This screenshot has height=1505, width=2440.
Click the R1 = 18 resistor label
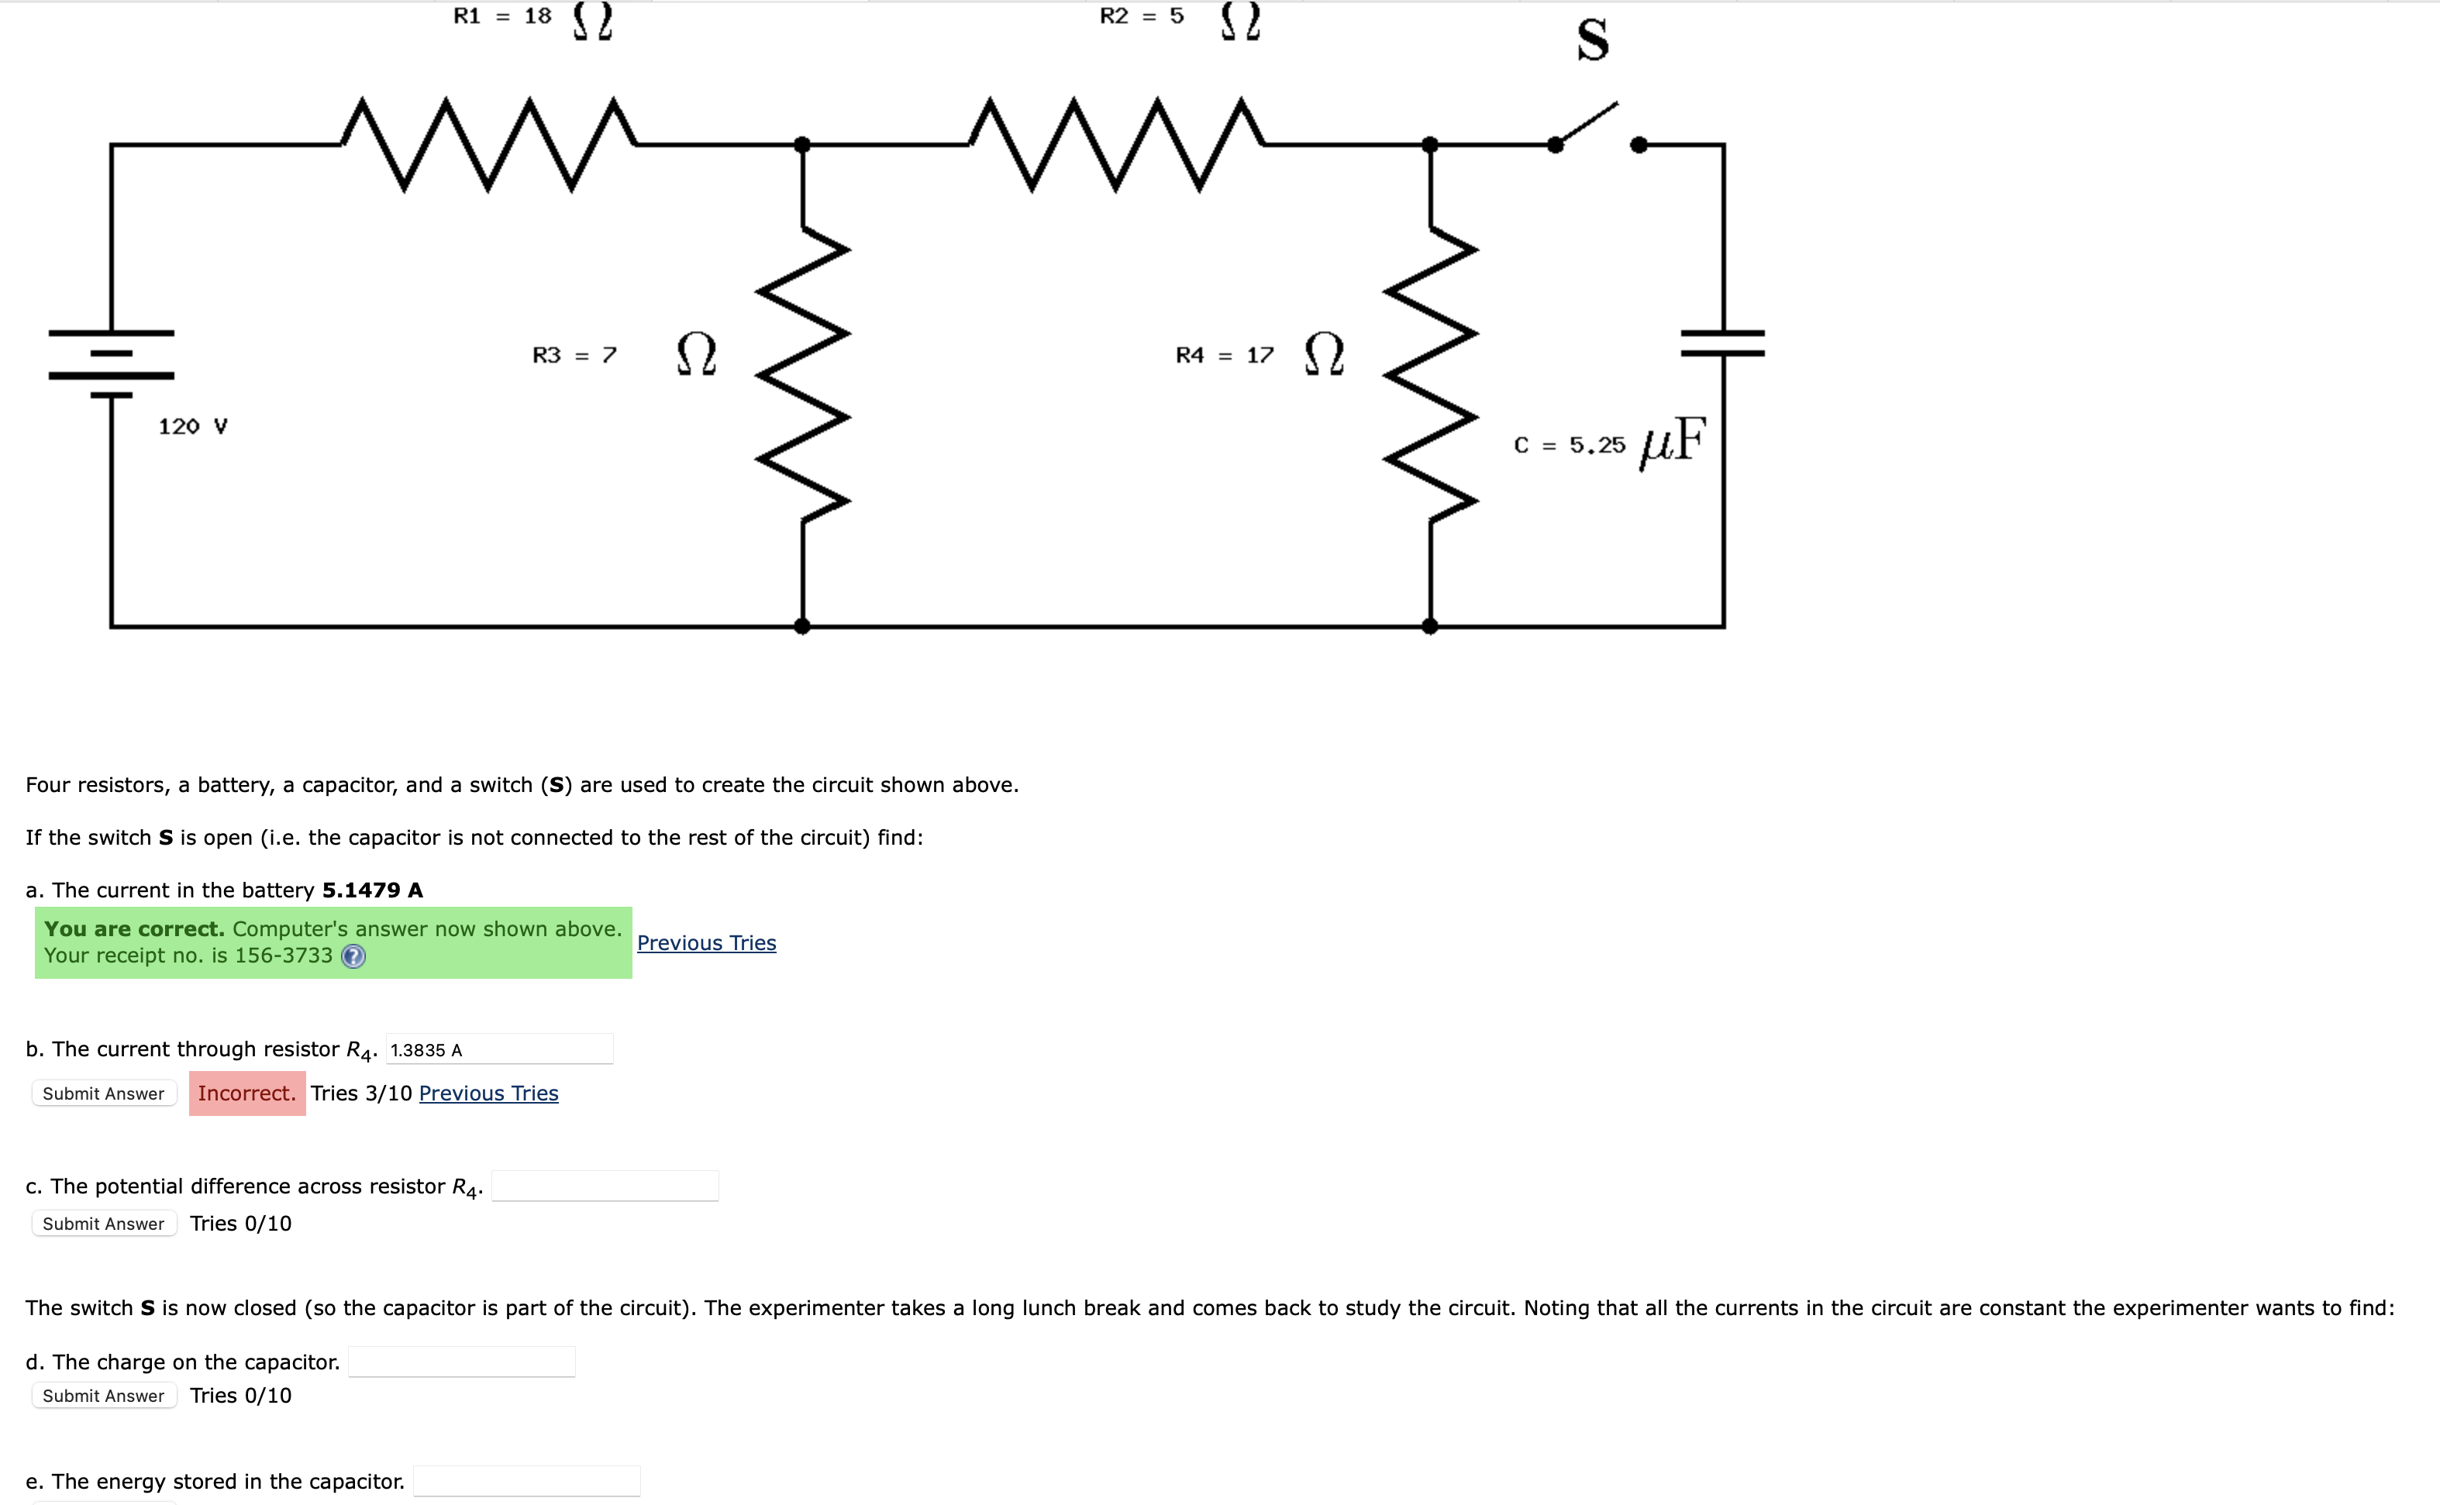pyautogui.click(x=503, y=16)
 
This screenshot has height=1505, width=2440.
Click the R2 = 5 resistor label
pyautogui.click(x=1142, y=16)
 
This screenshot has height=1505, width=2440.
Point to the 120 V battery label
pyautogui.click(x=192, y=426)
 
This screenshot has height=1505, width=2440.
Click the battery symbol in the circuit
pyautogui.click(x=112, y=363)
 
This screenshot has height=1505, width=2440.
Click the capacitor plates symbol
pyautogui.click(x=1722, y=343)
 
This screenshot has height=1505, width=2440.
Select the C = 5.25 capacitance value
pyautogui.click(x=1569, y=445)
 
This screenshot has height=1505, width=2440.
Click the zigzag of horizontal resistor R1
pyautogui.click(x=488, y=144)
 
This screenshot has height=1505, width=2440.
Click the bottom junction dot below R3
pyautogui.click(x=802, y=626)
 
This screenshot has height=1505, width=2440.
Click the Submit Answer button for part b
pyautogui.click(x=104, y=1093)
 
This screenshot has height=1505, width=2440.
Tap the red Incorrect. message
pyautogui.click(x=247, y=1093)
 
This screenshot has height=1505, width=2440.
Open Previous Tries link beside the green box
pyautogui.click(x=706, y=942)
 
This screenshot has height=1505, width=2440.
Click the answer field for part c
pyautogui.click(x=605, y=1186)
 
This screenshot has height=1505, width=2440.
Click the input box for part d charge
pyautogui.click(x=461, y=1362)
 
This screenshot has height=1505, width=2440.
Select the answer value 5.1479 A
pyautogui.click(x=372, y=890)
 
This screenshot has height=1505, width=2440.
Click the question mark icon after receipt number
pyautogui.click(x=353, y=956)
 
